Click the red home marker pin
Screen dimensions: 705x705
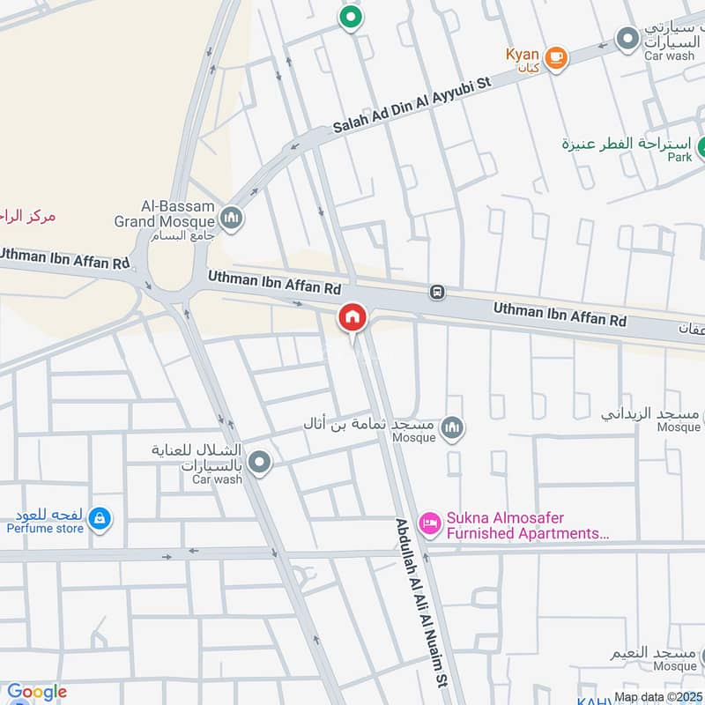(x=352, y=317)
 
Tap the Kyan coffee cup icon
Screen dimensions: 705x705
(x=555, y=57)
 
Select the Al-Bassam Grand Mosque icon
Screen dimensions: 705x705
(x=232, y=217)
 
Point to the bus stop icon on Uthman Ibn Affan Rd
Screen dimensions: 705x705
(x=435, y=292)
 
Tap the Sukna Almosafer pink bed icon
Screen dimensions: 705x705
(x=430, y=524)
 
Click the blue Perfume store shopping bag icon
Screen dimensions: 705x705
(x=100, y=518)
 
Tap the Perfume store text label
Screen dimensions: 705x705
(x=45, y=529)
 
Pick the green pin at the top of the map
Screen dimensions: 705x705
(x=351, y=17)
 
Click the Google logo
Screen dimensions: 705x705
(x=36, y=693)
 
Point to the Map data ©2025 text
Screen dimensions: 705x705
(x=659, y=697)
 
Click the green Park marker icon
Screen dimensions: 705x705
(x=702, y=146)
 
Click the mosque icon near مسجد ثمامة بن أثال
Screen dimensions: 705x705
(x=453, y=428)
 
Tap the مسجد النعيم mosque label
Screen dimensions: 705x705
(x=657, y=658)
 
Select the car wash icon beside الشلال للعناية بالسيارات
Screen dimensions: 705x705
(x=259, y=462)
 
